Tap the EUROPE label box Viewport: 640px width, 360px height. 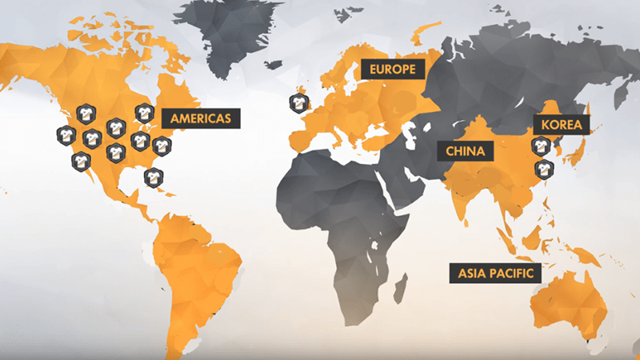391,70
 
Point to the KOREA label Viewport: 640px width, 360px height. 561,125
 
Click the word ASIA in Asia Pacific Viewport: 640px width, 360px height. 472,273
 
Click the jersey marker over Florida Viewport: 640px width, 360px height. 152,177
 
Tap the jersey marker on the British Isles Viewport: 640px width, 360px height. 298,103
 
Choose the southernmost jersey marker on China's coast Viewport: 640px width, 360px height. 542,170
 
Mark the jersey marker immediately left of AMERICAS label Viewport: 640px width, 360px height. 145,113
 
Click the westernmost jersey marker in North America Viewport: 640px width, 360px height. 66,135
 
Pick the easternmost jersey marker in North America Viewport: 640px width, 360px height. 162,146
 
